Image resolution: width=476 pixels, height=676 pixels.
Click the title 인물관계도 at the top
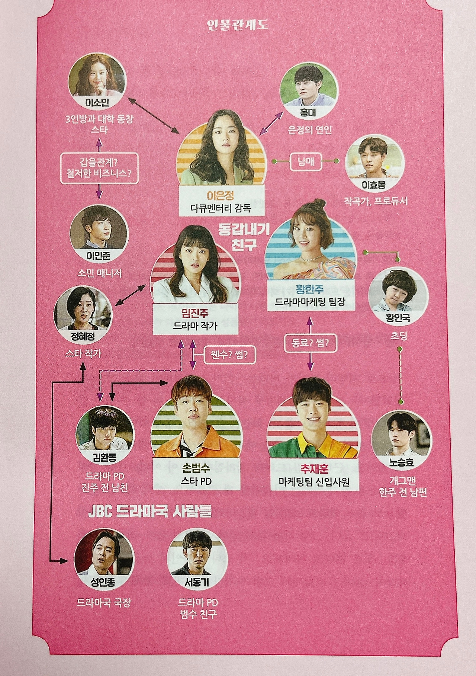[238, 25]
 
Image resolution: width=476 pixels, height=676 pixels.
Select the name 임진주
[195, 314]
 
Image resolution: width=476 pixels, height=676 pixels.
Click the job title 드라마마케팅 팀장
[310, 301]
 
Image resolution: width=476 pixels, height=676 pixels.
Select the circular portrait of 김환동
[105, 433]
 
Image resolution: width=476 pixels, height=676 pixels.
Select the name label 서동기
[197, 583]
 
